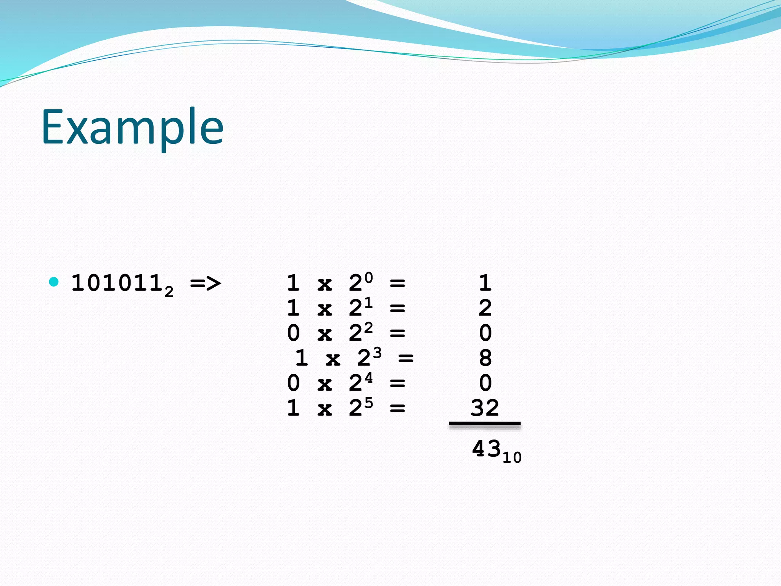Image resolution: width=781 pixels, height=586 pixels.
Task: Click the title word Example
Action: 132,127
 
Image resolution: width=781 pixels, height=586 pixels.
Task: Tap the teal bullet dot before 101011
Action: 54,282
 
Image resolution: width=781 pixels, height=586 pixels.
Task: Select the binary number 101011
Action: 117,283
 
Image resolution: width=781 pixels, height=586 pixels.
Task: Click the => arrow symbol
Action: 206,283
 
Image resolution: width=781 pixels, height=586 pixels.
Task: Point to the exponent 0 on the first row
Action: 368,277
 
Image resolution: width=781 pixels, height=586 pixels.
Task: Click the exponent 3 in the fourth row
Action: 377,352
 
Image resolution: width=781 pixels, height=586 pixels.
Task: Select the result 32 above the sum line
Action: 485,408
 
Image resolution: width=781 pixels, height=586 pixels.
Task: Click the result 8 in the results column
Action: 485,358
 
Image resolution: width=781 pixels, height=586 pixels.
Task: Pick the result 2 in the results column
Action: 485,308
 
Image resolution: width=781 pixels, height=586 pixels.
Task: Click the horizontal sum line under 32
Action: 485,423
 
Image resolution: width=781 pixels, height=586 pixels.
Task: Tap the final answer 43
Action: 486,449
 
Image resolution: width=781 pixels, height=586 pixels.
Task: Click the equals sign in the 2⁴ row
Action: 397,383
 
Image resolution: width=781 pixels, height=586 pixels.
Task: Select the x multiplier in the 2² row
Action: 325,334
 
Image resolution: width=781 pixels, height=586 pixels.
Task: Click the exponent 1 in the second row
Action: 368,303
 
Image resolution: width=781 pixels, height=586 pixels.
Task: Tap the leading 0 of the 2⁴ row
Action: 293,383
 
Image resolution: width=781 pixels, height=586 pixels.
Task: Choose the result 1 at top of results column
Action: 485,283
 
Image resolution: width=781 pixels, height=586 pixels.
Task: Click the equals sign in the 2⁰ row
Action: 397,283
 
